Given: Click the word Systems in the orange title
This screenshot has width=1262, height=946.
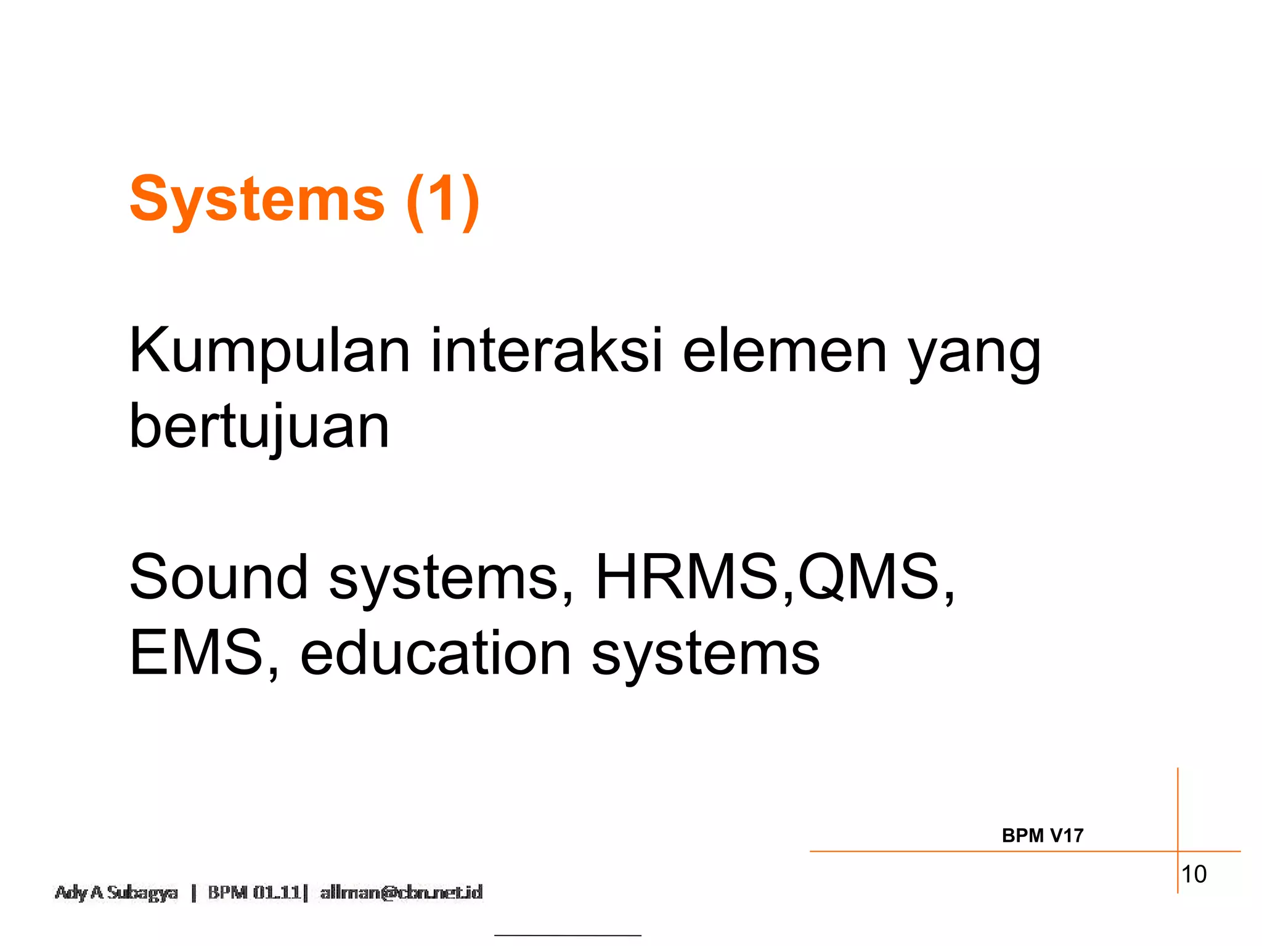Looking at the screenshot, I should coord(257,200).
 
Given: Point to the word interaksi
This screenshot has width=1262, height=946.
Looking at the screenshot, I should coord(546,351).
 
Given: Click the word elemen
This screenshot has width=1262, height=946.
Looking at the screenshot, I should coord(784,351).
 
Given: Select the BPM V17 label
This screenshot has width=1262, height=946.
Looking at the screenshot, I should coord(1042,836).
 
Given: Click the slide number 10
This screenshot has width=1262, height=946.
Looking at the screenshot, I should coord(1194,875).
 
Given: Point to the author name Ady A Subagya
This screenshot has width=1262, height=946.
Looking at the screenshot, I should coord(116,892).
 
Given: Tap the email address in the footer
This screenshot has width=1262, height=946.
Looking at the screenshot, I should coord(401,892).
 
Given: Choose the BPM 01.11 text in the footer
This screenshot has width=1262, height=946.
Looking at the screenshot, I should coord(254,892).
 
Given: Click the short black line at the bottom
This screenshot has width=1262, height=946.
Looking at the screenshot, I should coord(568,936).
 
